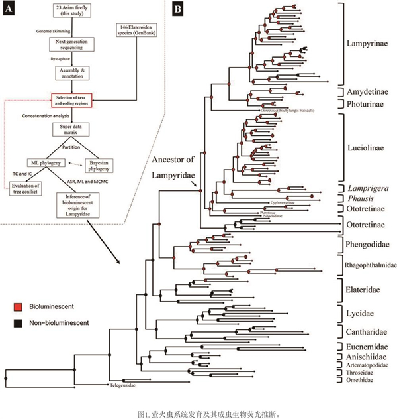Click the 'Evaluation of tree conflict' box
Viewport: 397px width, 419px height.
pyautogui.click(x=25, y=188)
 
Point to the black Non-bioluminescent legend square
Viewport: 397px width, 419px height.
pyautogui.click(x=21, y=323)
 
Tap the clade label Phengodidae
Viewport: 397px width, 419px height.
pyautogui.click(x=367, y=244)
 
